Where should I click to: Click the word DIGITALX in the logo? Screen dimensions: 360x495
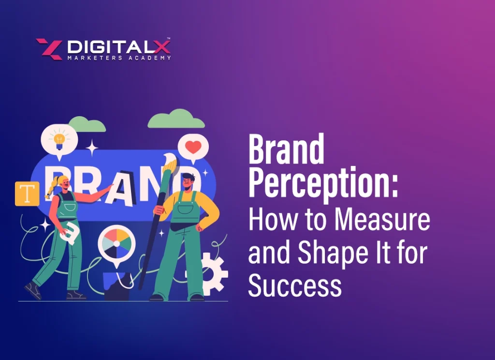(x=119, y=47)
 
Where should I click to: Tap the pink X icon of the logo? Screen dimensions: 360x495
(x=49, y=49)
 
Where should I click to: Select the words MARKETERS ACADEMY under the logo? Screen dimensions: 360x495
(x=119, y=58)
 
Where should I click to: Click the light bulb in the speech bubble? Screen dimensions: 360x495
(x=59, y=139)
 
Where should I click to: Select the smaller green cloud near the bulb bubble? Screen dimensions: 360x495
(x=87, y=124)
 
